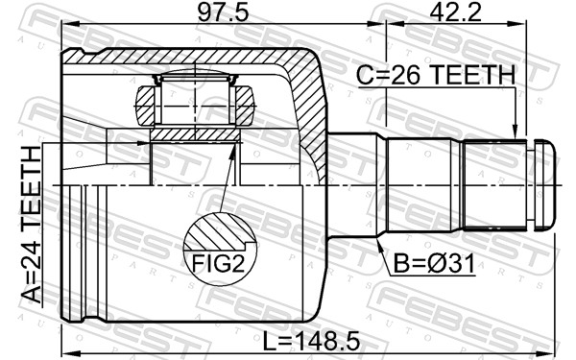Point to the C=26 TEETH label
pyautogui.click(x=436, y=74)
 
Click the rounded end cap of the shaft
pyautogui.click(x=545, y=183)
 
